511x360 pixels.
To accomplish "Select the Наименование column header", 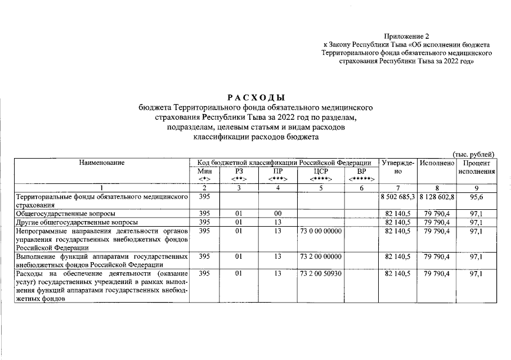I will pos(102,163).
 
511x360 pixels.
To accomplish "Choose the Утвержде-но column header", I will pos(397,166).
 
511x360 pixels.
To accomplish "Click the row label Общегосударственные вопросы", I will pos(66,214).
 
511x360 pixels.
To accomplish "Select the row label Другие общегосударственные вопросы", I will pos(77,222).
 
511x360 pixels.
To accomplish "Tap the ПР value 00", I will pos(277,214).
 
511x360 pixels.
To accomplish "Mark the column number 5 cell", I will pos(319,187).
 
